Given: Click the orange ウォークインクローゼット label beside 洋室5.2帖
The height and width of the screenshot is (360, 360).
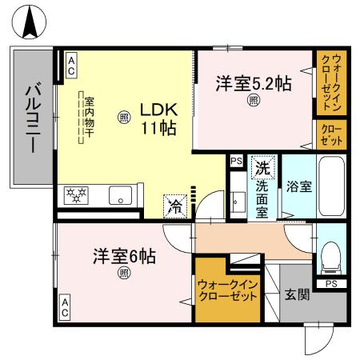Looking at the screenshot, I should coord(330,82).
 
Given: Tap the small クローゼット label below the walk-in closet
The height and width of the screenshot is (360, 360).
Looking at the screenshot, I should coord(330,134).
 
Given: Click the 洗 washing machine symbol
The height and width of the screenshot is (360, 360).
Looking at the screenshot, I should coord(261,169).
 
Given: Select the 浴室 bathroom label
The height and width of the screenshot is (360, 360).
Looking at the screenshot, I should coord(299,185).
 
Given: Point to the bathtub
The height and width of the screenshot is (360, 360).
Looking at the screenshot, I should coord(330,186).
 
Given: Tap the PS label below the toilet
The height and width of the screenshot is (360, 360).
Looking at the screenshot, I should coord(330,283).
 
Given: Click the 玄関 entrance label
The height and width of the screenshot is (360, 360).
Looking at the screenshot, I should coord(297,295).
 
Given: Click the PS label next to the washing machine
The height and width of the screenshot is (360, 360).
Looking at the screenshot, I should coord(236,161).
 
